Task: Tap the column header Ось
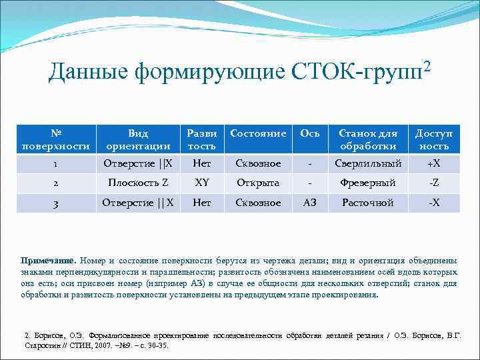click(x=310, y=133)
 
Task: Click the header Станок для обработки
click(x=368, y=139)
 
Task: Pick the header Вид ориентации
click(x=139, y=139)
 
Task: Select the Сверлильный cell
click(x=368, y=164)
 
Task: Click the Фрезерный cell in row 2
click(x=368, y=183)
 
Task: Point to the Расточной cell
click(x=368, y=203)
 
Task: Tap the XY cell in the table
click(x=202, y=183)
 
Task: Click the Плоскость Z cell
click(x=139, y=183)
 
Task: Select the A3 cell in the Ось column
click(x=310, y=203)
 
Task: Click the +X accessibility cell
click(x=434, y=164)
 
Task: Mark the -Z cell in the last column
click(x=434, y=183)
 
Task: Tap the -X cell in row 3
click(x=434, y=203)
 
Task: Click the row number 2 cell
click(x=56, y=183)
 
